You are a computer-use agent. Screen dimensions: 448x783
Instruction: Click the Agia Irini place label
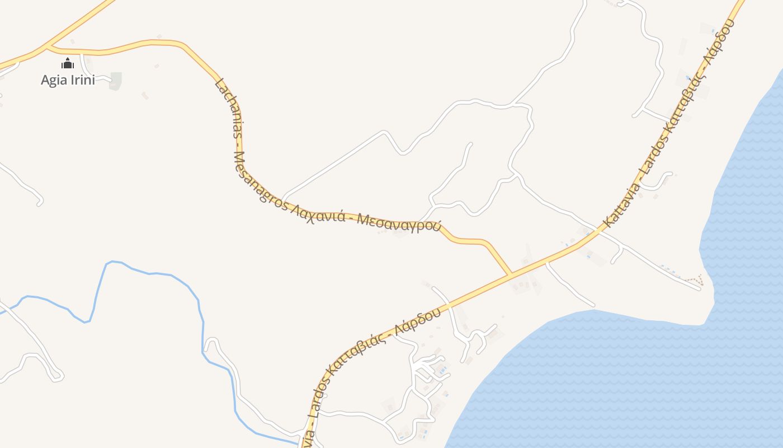(x=68, y=80)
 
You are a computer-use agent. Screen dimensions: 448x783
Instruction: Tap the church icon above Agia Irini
(x=68, y=63)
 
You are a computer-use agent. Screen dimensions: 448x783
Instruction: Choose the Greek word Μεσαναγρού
(x=399, y=223)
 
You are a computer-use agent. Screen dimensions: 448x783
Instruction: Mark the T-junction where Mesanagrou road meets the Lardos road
(x=510, y=274)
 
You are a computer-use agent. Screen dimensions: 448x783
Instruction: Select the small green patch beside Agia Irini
(x=115, y=80)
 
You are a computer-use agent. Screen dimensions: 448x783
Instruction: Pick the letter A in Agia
(x=45, y=80)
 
